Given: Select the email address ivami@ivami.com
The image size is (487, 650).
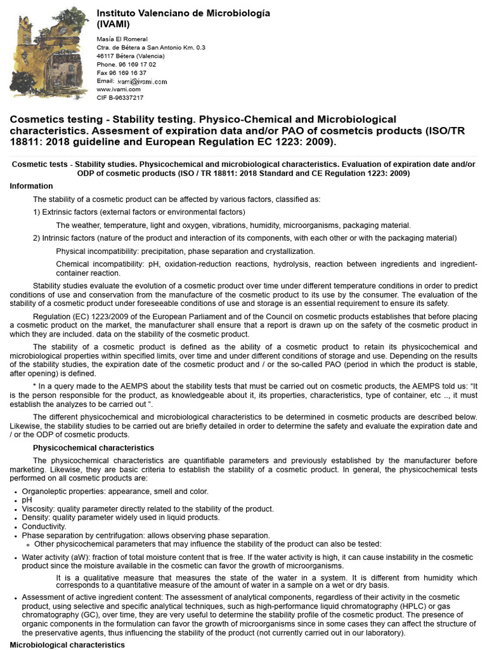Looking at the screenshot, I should tap(141, 82).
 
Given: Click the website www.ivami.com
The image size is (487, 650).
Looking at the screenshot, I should tap(118, 90).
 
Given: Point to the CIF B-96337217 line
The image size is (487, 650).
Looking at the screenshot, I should tap(119, 98).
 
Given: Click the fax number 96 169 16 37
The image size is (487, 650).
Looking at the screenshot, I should tap(121, 73).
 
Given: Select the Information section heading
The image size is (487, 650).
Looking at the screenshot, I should tap(32, 186).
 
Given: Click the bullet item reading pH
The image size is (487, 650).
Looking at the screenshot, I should tap(27, 500).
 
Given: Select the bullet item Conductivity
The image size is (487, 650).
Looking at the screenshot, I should tap(44, 526).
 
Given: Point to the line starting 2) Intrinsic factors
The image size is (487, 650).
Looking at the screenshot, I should tap(244, 238).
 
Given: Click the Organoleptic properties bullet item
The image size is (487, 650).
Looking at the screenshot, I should tap(115, 491).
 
